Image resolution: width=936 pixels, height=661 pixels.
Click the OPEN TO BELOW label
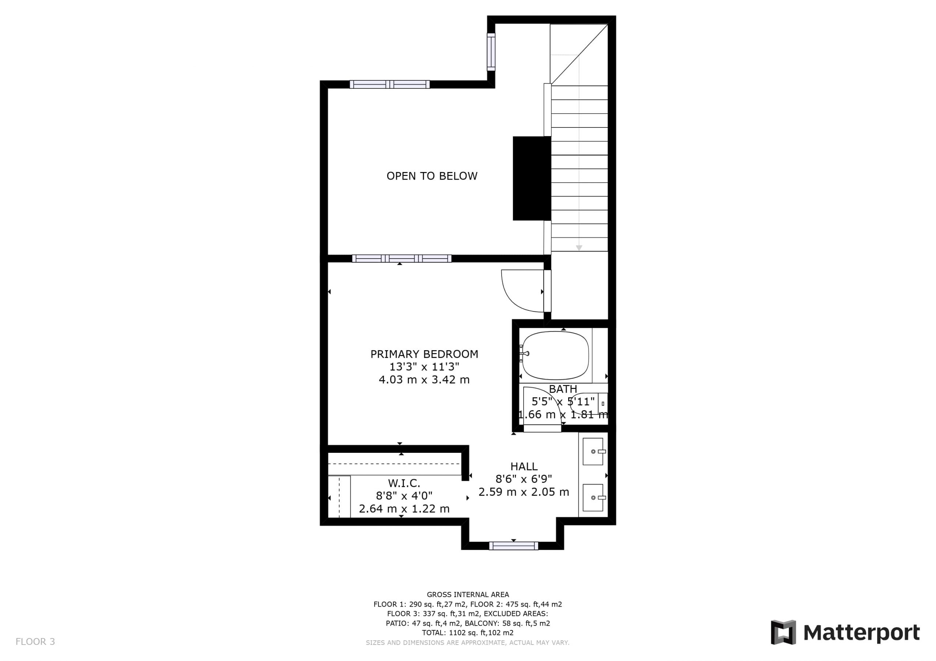pos(432,176)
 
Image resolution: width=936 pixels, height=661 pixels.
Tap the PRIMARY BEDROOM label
pos(424,354)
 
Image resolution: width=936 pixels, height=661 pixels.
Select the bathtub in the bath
pos(555,355)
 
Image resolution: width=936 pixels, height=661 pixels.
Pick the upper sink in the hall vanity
pos(593,451)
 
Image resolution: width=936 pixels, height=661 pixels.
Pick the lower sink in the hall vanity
pos(593,497)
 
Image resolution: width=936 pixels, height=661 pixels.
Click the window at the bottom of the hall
pos(514,546)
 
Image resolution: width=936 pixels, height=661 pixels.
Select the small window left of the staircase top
pos(491,52)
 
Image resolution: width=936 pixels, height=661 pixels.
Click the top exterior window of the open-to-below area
pos(390,84)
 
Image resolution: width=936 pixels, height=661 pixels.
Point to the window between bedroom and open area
pos(401,259)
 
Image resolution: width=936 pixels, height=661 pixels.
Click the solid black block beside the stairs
pos(532,178)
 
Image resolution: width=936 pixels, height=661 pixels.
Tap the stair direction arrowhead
pos(579,248)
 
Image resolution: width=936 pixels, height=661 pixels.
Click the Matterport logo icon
pos(783,633)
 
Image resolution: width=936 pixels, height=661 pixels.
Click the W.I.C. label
pos(404,484)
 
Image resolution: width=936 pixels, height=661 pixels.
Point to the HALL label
pos(524,466)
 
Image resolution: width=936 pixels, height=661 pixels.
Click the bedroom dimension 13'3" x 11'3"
pos(424,367)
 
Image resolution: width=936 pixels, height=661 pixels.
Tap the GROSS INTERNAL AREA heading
pos(468,595)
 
